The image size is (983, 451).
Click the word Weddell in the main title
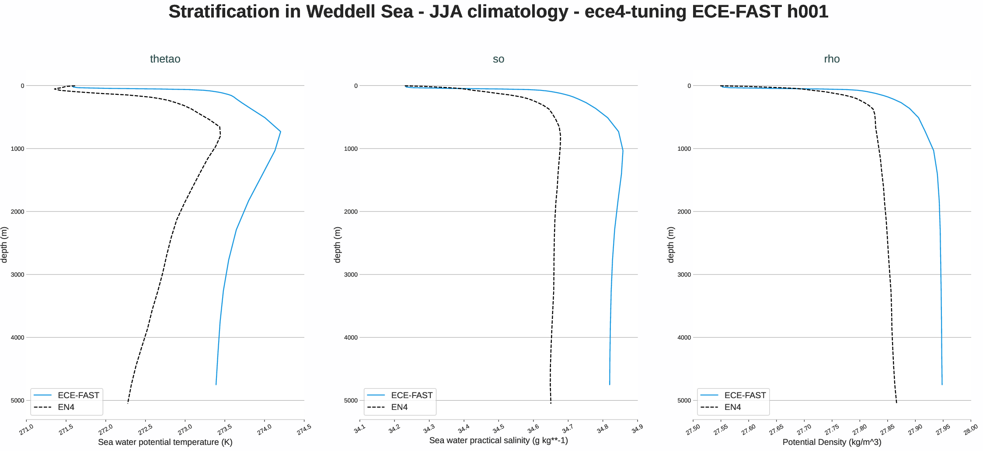pos(337,12)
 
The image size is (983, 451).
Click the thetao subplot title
pos(165,59)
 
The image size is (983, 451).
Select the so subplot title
pos(498,59)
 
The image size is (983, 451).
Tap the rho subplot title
pos(832,59)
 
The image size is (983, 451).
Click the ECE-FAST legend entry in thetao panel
pos(78,395)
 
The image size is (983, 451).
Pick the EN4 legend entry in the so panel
pos(399,407)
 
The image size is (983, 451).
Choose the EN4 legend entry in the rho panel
pos(732,407)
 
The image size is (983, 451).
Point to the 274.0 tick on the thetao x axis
pos(264,430)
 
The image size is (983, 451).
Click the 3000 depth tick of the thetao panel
pos(17,274)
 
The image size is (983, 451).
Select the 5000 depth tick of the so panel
pos(351,400)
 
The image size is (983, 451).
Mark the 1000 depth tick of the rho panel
pos(684,149)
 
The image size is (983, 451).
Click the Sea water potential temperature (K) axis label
pos(165,442)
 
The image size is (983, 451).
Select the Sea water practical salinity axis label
pos(498,441)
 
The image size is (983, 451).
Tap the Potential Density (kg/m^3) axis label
pos(832,442)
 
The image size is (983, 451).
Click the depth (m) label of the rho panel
pos(670,245)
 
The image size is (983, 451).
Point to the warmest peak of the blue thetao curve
pos(280,132)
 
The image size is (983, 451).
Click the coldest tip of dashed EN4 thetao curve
pos(55,89)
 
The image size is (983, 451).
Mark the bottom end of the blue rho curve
pos(942,385)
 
